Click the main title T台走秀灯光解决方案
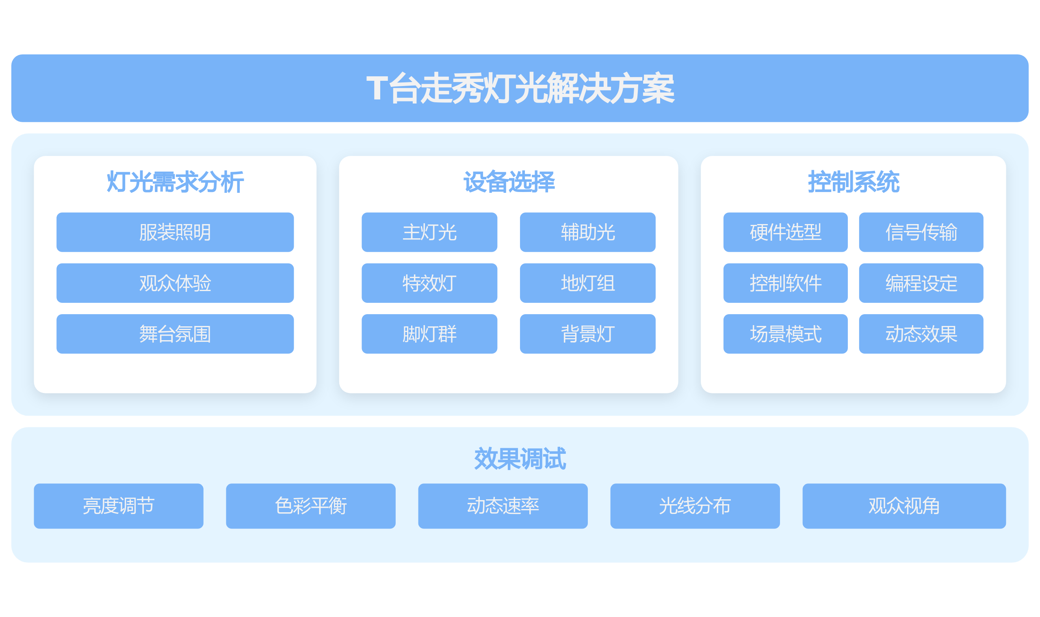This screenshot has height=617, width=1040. (x=520, y=88)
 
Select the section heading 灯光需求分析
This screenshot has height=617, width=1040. (x=175, y=182)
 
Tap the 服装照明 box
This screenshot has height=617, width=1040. (x=175, y=232)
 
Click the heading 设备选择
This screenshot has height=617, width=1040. (x=509, y=182)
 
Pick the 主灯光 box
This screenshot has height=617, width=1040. (x=429, y=232)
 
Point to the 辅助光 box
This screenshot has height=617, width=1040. (x=588, y=232)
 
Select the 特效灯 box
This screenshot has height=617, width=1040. (x=429, y=283)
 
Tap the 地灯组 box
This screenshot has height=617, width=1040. (x=588, y=283)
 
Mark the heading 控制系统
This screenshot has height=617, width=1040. (x=854, y=182)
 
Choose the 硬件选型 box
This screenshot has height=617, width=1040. (x=785, y=232)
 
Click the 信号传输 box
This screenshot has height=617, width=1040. (x=921, y=232)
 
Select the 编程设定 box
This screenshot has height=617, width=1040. (x=921, y=283)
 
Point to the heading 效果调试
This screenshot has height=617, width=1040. (x=520, y=459)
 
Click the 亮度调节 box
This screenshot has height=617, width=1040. (x=119, y=506)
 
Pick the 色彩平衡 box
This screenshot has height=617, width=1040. (x=311, y=506)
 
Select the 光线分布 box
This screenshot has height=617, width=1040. (x=695, y=506)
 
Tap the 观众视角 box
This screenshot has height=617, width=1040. (x=904, y=506)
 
